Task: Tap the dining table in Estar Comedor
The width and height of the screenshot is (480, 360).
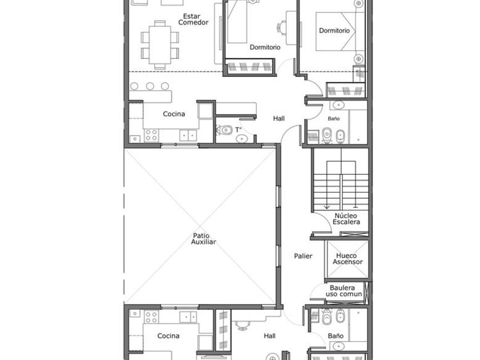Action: (160, 45)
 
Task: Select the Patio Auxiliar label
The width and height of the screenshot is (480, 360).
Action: (203, 239)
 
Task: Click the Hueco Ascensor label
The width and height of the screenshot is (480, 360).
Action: (347, 259)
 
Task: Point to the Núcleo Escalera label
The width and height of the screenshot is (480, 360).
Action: (346, 219)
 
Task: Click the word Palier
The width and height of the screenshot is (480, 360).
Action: (303, 256)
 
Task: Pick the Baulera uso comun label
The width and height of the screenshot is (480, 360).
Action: (343, 291)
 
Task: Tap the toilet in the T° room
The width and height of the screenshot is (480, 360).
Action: (224, 130)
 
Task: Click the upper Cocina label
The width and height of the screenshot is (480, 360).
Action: (174, 114)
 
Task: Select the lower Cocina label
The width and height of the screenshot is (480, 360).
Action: (169, 336)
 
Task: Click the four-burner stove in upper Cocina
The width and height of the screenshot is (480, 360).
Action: (151, 135)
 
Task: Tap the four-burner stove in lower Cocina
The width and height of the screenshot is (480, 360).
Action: (151, 317)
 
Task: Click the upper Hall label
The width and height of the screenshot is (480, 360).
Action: (279, 118)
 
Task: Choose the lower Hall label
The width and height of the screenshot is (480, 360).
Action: (269, 336)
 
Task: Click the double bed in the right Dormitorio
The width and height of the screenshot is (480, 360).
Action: (336, 31)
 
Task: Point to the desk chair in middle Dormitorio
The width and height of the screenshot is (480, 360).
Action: (282, 27)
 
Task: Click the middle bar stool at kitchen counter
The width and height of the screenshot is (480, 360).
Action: (150, 86)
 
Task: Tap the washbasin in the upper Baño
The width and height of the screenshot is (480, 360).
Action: (338, 105)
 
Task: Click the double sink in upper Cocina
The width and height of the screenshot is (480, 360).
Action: (188, 135)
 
